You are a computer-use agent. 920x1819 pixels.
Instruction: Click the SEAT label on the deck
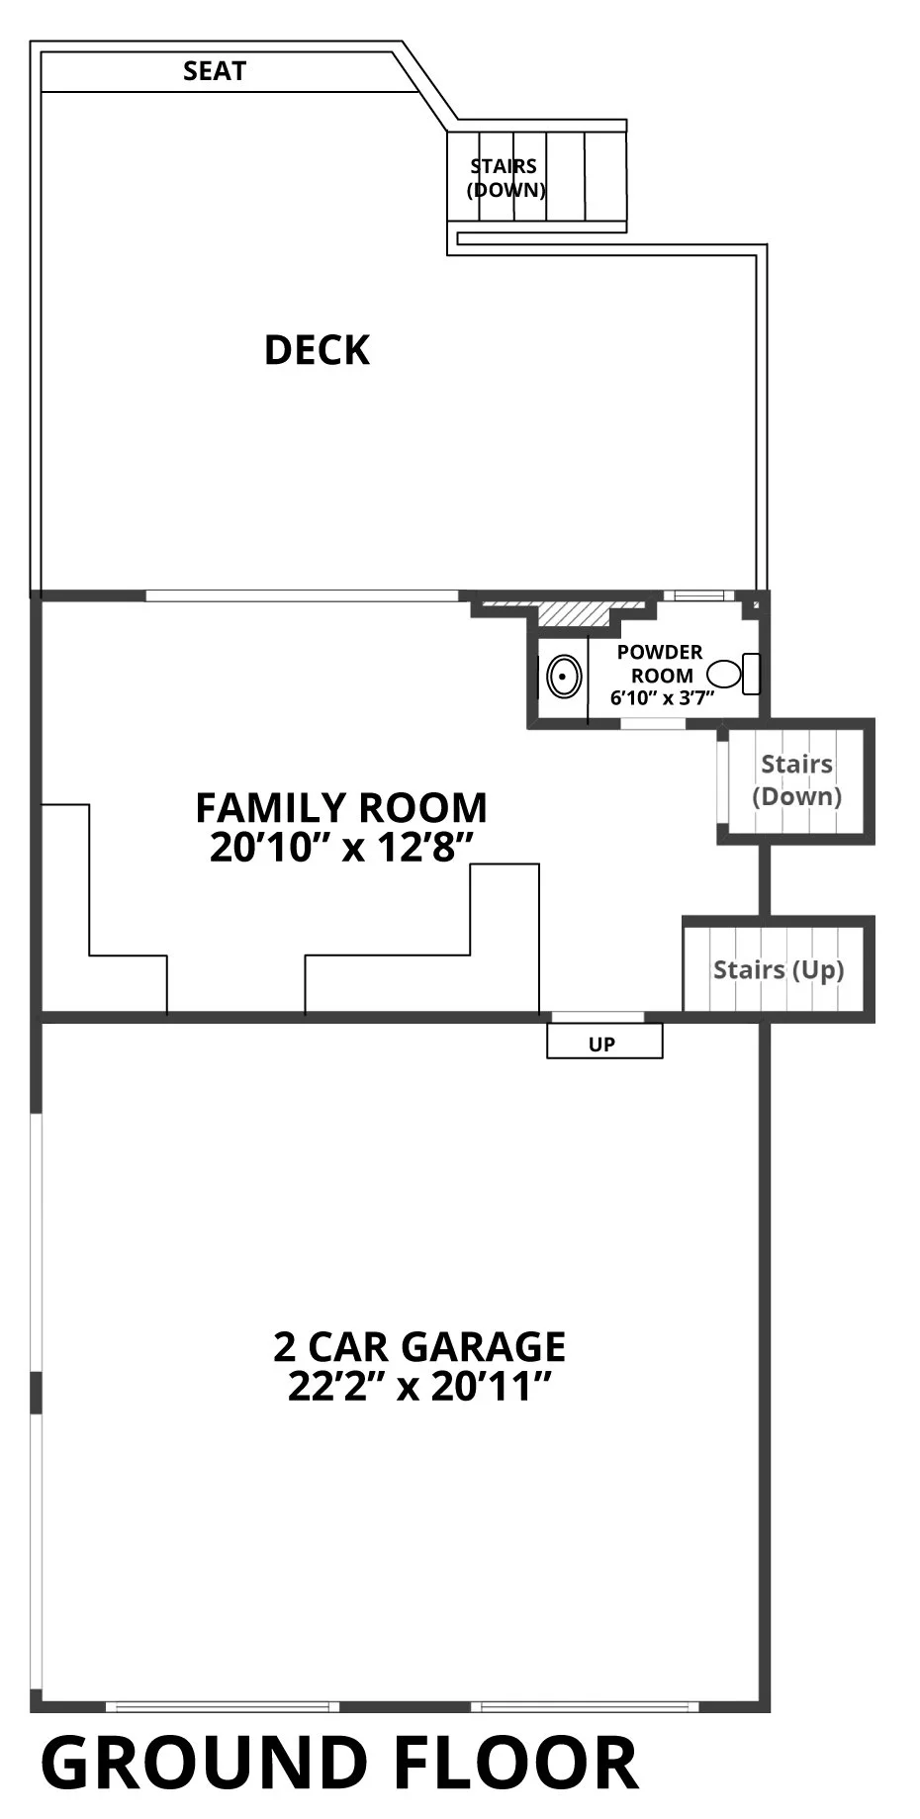coord(215,71)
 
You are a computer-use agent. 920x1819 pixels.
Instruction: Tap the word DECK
coord(317,350)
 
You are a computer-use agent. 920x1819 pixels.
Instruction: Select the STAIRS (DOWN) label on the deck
coord(506,178)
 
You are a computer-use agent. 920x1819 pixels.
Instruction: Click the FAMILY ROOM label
coord(341,807)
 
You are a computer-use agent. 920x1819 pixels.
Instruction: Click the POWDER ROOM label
coord(660,664)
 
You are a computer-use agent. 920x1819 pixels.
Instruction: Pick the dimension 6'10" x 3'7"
coord(662,697)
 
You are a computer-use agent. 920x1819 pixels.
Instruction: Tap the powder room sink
coord(564,679)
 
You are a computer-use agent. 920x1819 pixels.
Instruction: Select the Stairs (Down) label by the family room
coord(796,779)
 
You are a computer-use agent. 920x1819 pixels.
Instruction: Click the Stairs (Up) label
coord(779,969)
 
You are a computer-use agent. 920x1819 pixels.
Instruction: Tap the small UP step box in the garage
coord(604,1042)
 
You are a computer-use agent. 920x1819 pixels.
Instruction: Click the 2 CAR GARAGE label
coord(419,1346)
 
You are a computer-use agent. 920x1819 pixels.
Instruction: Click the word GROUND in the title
coord(203,1764)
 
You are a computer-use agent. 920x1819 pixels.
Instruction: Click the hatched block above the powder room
coord(573,612)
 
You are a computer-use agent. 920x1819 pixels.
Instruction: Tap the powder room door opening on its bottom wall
coord(653,724)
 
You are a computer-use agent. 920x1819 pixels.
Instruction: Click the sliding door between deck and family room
coord(303,595)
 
